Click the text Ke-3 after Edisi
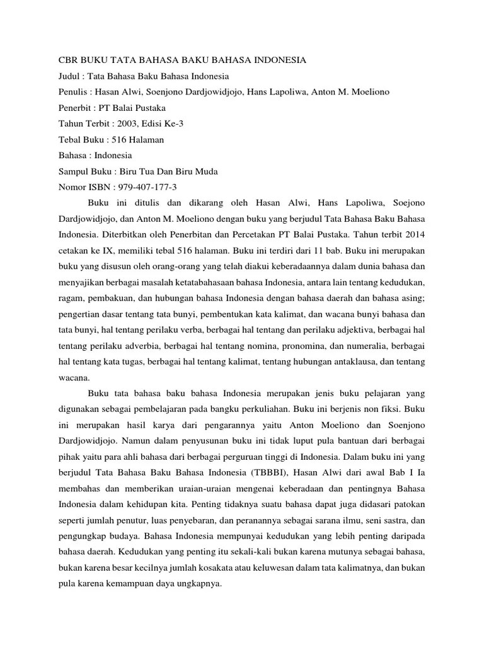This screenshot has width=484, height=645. point(180,123)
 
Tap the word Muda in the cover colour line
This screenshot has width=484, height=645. point(205,171)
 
